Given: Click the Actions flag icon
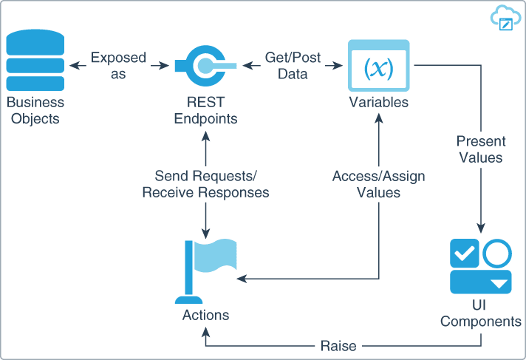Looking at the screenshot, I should pyautogui.click(x=205, y=271).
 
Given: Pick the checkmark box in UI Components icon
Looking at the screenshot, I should pyautogui.click(x=465, y=254).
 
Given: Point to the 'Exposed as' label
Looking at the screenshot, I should pyautogui.click(x=118, y=65).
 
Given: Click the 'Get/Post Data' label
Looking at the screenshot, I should pyautogui.click(x=293, y=65).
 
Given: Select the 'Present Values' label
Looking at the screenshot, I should pyautogui.click(x=480, y=149).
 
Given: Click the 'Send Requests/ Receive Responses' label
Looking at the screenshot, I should pyautogui.click(x=205, y=185).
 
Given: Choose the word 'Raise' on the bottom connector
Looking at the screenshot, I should pyautogui.click(x=338, y=346).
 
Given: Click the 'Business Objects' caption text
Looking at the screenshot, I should pyautogui.click(x=35, y=110).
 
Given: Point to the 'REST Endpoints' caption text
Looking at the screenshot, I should pyautogui.click(x=205, y=110).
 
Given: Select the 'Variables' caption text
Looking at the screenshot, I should pyautogui.click(x=378, y=103).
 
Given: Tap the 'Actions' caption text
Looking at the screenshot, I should pyautogui.click(x=205, y=316).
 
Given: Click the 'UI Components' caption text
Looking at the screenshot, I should pyautogui.click(x=481, y=314).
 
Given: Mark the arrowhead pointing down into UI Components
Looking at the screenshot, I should pyautogui.click(x=481, y=227).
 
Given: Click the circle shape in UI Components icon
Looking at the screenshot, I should pyautogui.click(x=497, y=254).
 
